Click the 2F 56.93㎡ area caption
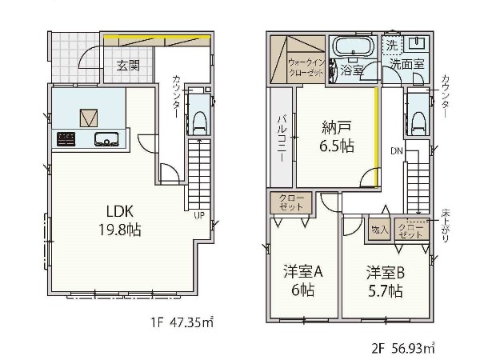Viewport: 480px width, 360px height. (x=403, y=349)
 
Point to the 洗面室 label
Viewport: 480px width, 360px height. (x=406, y=63)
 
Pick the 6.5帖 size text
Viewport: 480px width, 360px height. (x=337, y=146)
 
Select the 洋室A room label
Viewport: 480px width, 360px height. (x=303, y=273)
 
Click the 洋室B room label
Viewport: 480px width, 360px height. (x=386, y=273)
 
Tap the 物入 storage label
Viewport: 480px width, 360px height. (x=379, y=230)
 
